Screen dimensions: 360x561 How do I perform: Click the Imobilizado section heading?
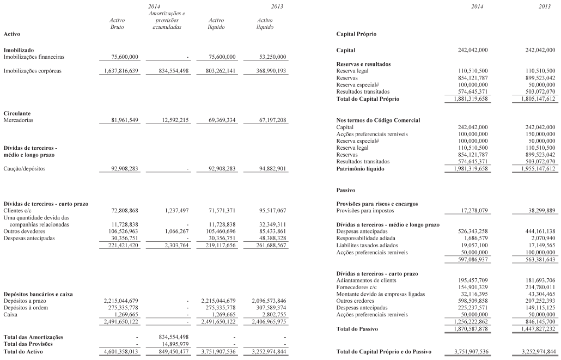pyautogui.click(x=19, y=50)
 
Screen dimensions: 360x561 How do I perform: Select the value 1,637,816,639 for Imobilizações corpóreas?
pyautogui.click(x=122, y=71)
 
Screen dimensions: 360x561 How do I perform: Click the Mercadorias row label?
pyautogui.click(x=19, y=120)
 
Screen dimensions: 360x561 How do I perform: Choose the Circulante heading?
pyautogui.click(x=17, y=113)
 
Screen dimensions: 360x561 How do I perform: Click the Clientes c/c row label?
pyautogui.click(x=19, y=210)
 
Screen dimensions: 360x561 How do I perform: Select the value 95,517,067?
pyautogui.click(x=266, y=210)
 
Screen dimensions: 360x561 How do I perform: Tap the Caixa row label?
pyautogui.click(x=10, y=314)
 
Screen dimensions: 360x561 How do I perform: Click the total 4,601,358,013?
pyautogui.click(x=120, y=351)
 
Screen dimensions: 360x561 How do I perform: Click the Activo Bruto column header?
pyautogui.click(x=117, y=24)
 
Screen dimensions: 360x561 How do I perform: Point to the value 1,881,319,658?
pyautogui.click(x=467, y=99)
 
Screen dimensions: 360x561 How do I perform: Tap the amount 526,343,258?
pyautogui.click(x=468, y=231)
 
